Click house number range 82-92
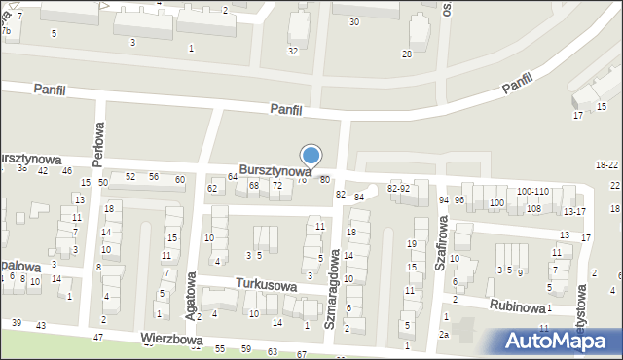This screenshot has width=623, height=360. point(398,188)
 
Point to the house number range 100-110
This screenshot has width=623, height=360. point(531,192)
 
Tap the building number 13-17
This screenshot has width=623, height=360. point(574,211)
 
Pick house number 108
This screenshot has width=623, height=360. point(533,209)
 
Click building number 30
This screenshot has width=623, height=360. point(353,21)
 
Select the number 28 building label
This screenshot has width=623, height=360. point(407,54)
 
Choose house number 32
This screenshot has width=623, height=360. point(293,51)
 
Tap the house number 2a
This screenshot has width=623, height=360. point(444,335)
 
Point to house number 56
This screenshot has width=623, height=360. point(154,176)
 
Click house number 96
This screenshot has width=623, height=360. point(459,199)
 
